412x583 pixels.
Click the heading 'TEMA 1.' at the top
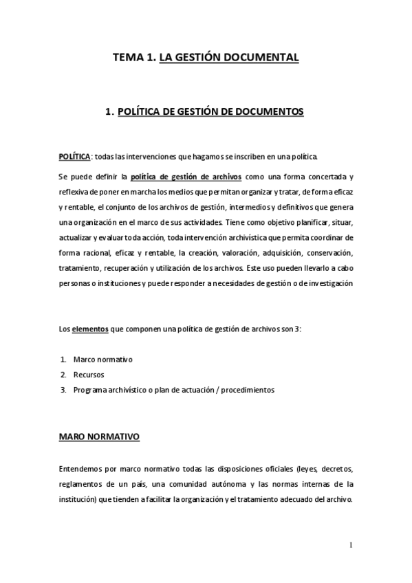tap(133, 58)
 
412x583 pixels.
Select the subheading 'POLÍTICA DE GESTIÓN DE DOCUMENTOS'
tap(210, 111)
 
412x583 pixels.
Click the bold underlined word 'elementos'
tap(90, 329)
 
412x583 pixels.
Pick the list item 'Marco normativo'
tap(102, 360)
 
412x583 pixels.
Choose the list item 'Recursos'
tap(88, 375)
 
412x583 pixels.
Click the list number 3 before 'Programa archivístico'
tap(63, 390)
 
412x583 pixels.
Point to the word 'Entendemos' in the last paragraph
tap(80, 470)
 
